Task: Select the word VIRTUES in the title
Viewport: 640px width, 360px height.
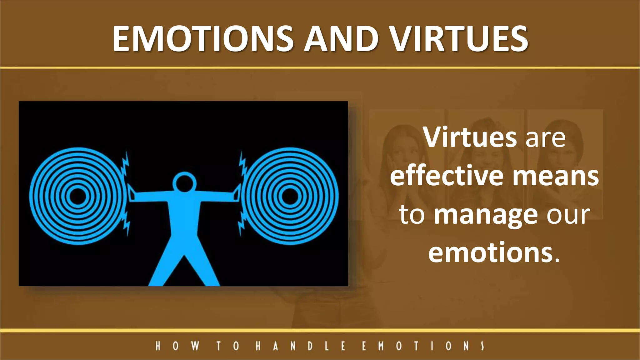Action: click(x=459, y=39)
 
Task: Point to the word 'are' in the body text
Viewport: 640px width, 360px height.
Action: click(x=545, y=138)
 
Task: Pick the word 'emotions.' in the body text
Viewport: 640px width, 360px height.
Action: click(x=494, y=253)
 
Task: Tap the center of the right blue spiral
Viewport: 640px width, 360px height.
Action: click(x=290, y=196)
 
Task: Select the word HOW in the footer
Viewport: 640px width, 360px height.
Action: click(x=177, y=346)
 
